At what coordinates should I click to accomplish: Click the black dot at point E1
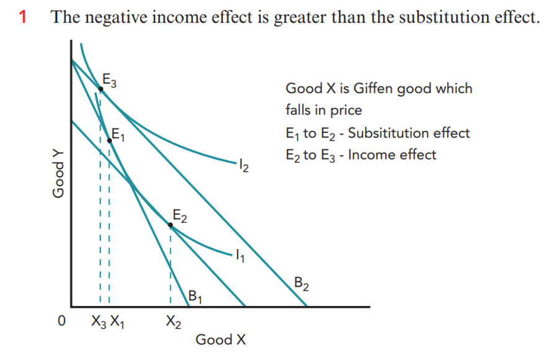click(110, 141)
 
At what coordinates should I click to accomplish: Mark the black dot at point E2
click(171, 227)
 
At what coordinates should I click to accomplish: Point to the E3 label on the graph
click(110, 79)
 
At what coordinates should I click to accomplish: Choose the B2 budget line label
click(301, 286)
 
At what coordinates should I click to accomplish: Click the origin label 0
click(61, 322)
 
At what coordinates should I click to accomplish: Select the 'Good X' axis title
click(221, 340)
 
